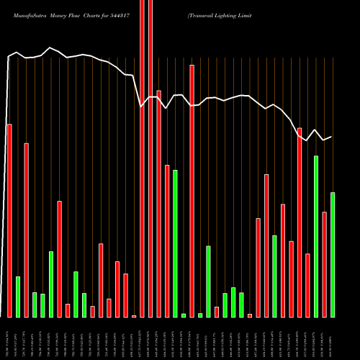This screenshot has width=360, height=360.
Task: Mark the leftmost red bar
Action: [9, 220]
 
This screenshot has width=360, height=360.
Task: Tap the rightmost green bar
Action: [333, 255]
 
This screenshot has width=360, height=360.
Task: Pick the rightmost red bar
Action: [324, 264]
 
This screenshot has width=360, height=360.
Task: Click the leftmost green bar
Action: [18, 297]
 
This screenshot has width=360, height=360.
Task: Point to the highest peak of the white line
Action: [50, 48]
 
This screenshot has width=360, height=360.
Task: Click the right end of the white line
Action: [331, 137]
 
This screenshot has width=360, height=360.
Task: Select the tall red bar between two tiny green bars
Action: [192, 191]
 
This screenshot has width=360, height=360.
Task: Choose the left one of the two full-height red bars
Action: [142, 158]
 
